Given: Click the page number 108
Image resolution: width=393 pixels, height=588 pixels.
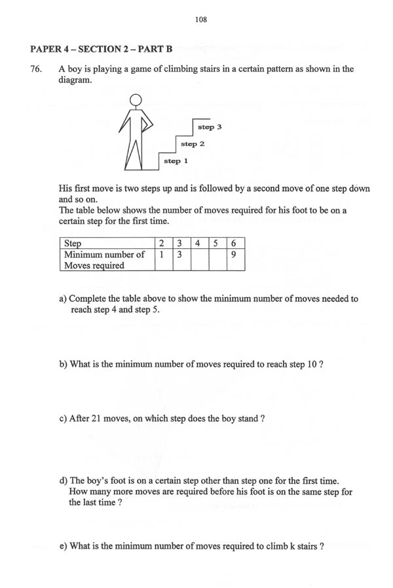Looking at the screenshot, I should [x=201, y=20].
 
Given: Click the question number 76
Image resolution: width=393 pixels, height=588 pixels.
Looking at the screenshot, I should [x=37, y=69].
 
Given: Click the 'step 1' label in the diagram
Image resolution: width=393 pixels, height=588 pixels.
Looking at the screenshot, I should [x=176, y=160].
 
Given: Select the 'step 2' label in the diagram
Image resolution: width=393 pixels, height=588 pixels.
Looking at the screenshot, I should [x=193, y=143].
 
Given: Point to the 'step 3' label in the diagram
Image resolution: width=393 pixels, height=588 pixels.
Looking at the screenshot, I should [x=210, y=126].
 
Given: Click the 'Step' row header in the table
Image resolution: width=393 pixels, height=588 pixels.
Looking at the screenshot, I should [x=71, y=244].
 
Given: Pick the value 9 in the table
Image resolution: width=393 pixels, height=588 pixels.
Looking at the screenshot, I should [x=234, y=255].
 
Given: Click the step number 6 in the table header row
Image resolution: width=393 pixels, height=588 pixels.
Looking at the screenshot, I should [x=234, y=244].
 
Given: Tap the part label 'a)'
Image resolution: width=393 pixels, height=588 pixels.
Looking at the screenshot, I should [x=64, y=299].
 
